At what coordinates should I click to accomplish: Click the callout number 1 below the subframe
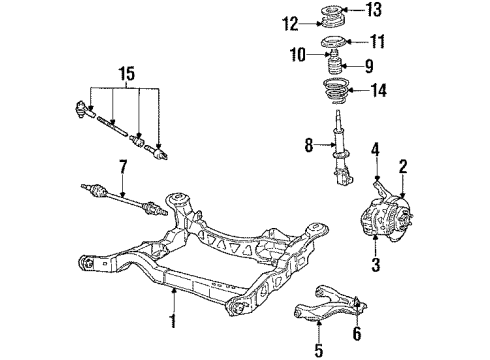coord(173,322)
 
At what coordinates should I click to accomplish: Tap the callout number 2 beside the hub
coord(403,166)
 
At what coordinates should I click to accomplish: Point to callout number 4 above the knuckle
coord(376,151)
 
